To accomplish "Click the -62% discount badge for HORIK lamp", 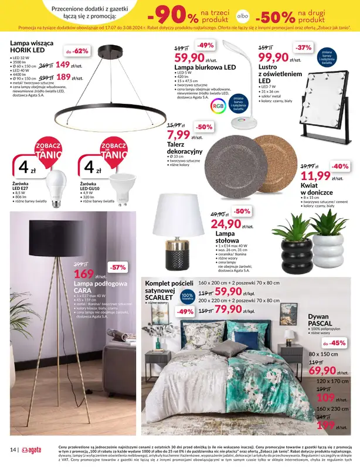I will coord(76,51).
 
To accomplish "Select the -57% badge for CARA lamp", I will coord(118,267).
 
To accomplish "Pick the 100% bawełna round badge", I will coord(186,297).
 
